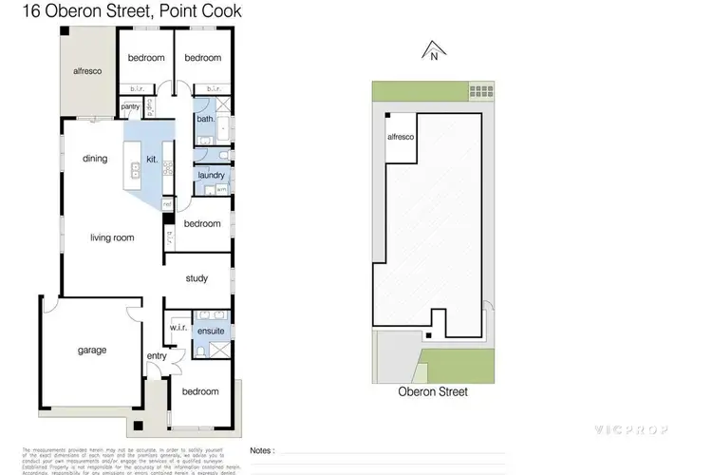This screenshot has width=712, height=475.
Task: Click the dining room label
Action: click(94, 159)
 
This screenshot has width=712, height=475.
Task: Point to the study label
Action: click(197, 278)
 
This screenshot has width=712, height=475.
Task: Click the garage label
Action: click(92, 350)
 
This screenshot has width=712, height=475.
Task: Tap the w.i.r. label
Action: click(177, 329)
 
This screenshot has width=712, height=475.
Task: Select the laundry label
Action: click(210, 176)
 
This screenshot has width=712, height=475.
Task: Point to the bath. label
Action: click(204, 120)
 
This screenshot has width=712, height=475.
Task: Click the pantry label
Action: click(130, 107)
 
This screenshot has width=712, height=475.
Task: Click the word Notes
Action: click(263, 451)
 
